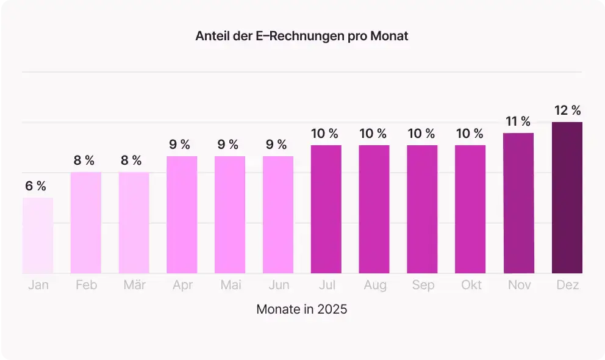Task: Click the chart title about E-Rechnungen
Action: (x=302, y=36)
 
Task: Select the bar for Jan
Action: (x=38, y=236)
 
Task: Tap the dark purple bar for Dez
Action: (x=567, y=198)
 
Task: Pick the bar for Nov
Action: (x=518, y=203)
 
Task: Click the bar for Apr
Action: (x=182, y=215)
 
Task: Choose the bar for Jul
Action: (x=326, y=209)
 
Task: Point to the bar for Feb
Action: (x=86, y=223)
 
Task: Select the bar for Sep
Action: (x=422, y=209)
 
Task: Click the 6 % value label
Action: (x=36, y=186)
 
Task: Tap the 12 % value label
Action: (x=567, y=110)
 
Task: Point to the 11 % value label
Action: (x=518, y=121)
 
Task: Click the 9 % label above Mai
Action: (x=228, y=145)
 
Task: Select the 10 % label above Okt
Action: (x=470, y=134)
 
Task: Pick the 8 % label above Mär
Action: (x=132, y=160)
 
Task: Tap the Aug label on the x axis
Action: (x=374, y=286)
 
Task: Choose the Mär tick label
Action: (x=134, y=286)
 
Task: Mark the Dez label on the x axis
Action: (x=567, y=286)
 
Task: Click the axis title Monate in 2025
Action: (x=302, y=309)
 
